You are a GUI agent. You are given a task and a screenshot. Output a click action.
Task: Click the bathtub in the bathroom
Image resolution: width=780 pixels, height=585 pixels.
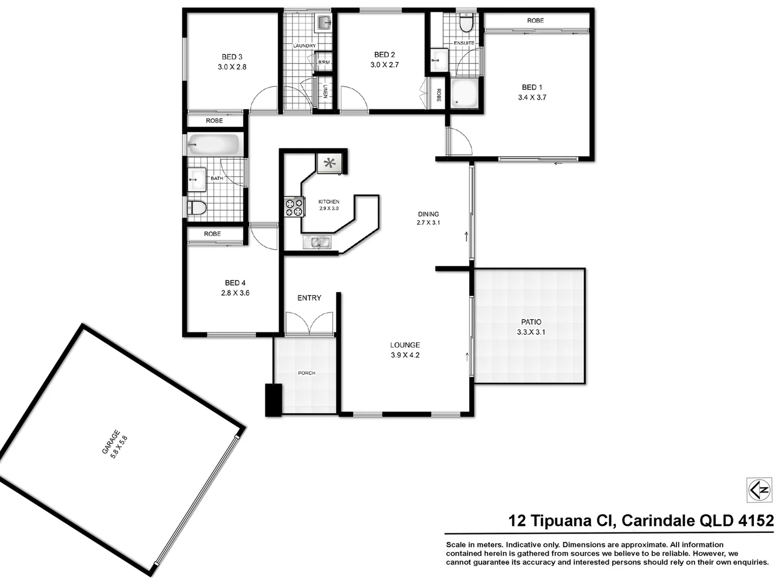click(x=213, y=145)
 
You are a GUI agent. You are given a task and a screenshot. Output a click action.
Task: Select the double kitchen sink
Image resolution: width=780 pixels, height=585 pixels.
click(x=317, y=242)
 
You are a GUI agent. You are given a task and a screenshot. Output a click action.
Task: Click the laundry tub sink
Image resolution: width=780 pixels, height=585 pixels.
click(x=324, y=23)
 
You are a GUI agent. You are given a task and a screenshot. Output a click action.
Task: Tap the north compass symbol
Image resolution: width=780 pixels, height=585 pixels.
click(x=759, y=490)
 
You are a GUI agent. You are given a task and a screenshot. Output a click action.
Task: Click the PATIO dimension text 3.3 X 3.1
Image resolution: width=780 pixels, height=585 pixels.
click(x=531, y=332)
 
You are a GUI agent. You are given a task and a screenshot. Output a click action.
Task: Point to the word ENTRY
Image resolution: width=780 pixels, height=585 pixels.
click(x=309, y=298)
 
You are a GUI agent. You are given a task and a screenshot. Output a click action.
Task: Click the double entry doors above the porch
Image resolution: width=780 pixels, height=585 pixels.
click(x=309, y=324)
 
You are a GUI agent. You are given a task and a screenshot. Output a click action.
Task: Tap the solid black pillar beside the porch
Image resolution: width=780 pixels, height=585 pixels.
click(x=274, y=400)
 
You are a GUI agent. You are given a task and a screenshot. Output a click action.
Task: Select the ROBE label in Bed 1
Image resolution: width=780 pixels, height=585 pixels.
click(x=535, y=21)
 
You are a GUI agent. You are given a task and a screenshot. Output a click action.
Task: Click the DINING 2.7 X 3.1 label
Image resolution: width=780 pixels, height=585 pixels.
click(x=428, y=218)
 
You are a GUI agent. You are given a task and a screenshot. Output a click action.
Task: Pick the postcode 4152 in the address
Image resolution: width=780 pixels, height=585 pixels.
click(x=756, y=521)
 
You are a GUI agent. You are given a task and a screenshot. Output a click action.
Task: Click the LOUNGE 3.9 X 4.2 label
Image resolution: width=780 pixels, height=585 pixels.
click(x=405, y=350)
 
